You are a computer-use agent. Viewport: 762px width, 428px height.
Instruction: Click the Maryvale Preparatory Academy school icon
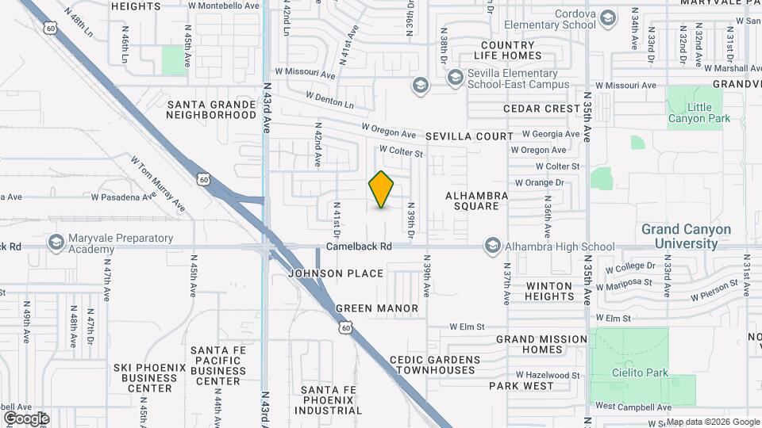coord(56,242)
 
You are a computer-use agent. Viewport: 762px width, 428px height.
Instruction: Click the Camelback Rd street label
coord(360,246)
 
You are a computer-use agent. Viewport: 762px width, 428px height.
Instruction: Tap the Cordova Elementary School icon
coord(607,18)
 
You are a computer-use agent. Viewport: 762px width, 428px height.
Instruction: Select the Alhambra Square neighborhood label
coord(472,201)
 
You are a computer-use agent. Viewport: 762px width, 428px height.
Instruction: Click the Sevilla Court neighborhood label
coord(469,136)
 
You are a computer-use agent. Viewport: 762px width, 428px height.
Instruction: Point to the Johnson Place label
coord(336,273)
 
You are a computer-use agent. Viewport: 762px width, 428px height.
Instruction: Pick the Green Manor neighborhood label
coord(377,308)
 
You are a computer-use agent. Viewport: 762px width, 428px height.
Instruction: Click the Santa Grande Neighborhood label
coord(211,109)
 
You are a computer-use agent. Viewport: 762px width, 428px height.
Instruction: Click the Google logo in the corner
coord(25,418)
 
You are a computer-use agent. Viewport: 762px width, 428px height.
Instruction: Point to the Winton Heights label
coord(549,291)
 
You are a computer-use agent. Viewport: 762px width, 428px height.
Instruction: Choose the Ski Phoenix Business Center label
coord(144,377)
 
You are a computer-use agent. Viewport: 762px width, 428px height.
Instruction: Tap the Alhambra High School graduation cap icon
coord(493,246)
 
